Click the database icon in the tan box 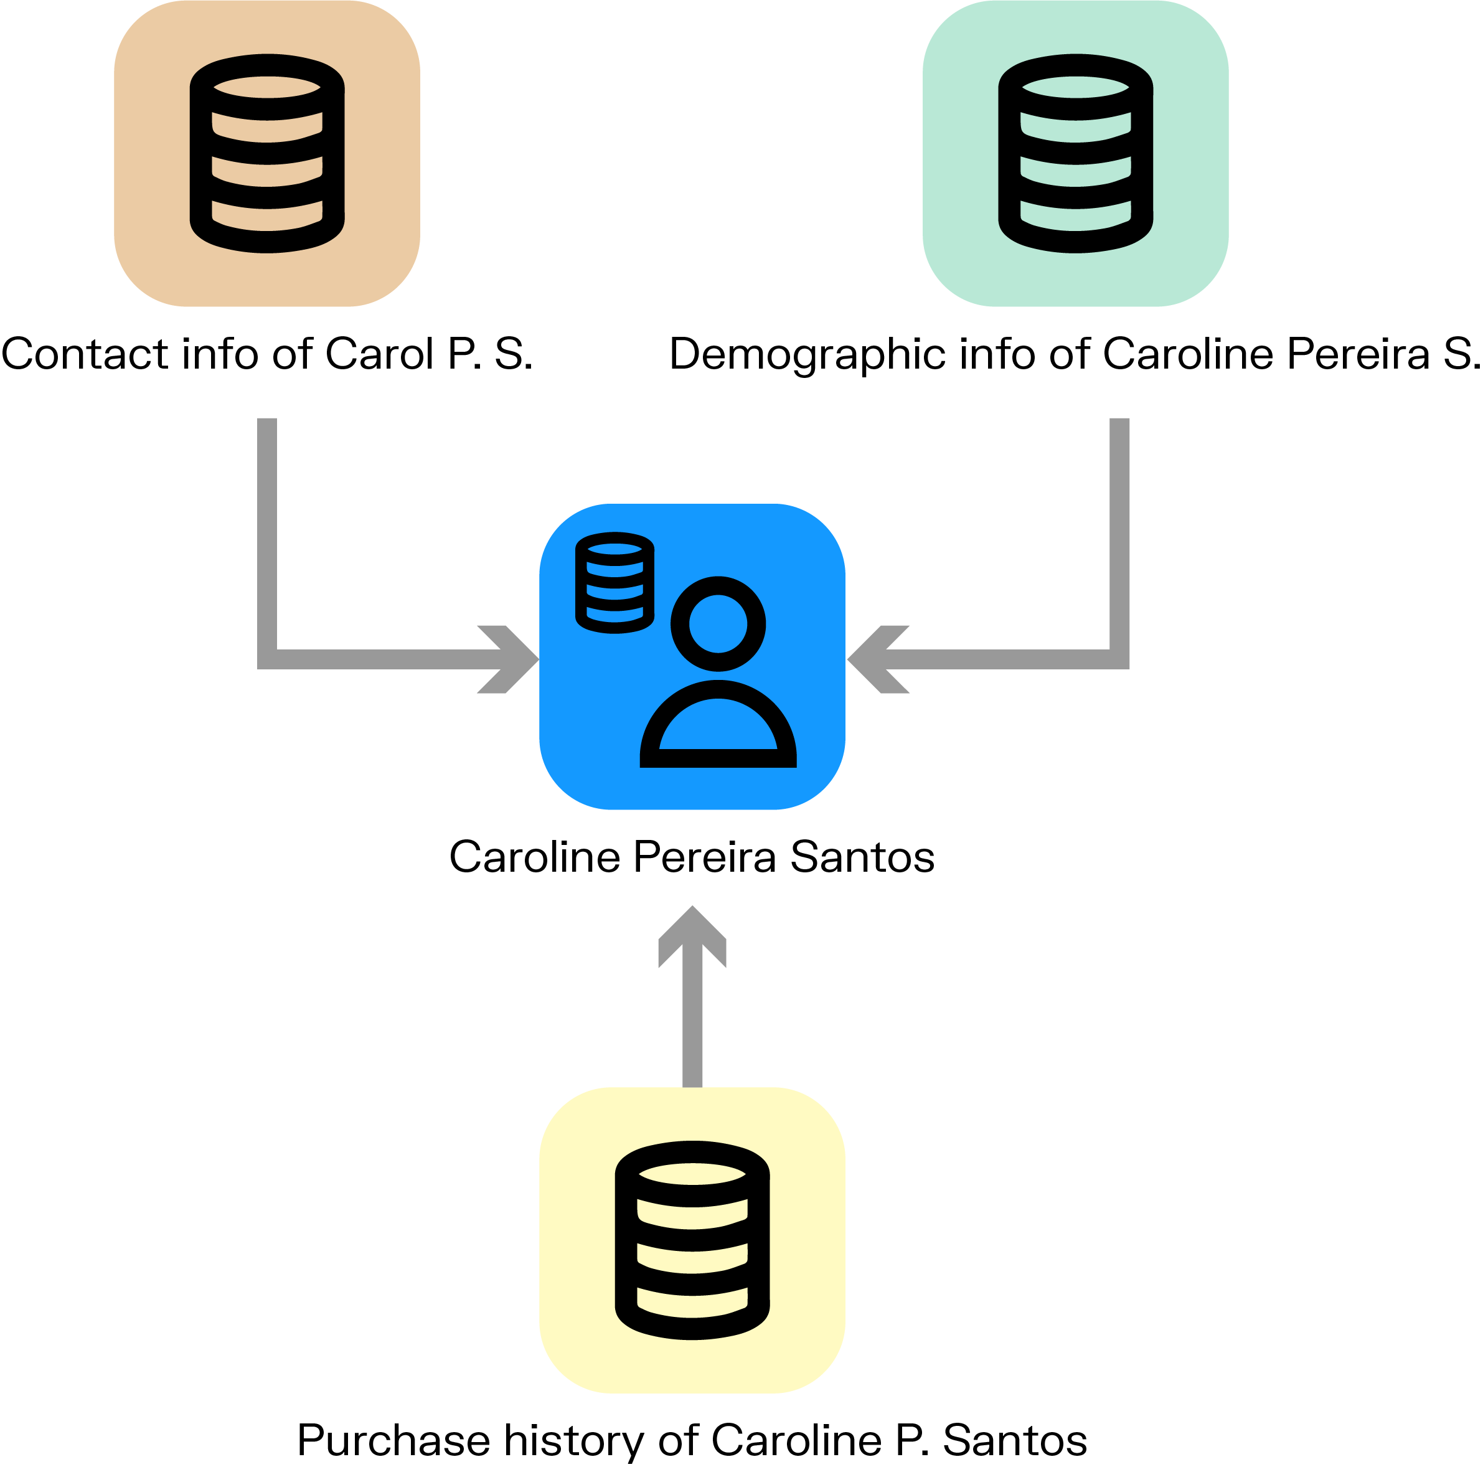(267, 154)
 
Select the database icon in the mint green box (1075, 154)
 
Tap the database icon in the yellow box (692, 1242)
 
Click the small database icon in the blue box (615, 583)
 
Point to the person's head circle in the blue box (718, 623)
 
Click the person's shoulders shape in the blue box (718, 725)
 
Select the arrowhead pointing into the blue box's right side (877, 659)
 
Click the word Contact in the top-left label (85, 355)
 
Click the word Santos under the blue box (862, 857)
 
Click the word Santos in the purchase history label (1014, 1441)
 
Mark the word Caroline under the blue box (534, 857)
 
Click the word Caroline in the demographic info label (1190, 355)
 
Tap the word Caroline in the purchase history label (797, 1441)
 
